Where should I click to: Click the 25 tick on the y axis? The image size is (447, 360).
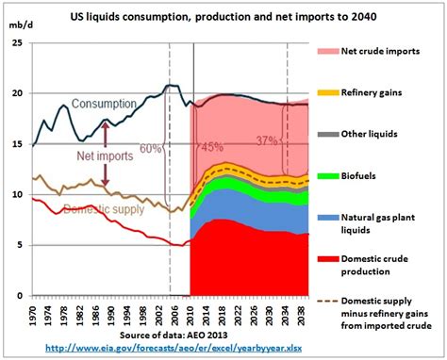pyautogui.click(x=20, y=42)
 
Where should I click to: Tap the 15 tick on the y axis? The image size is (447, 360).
pyautogui.click(x=20, y=144)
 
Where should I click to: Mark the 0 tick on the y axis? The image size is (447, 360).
pyautogui.click(x=24, y=296)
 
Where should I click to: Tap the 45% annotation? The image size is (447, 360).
pyautogui.click(x=211, y=147)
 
